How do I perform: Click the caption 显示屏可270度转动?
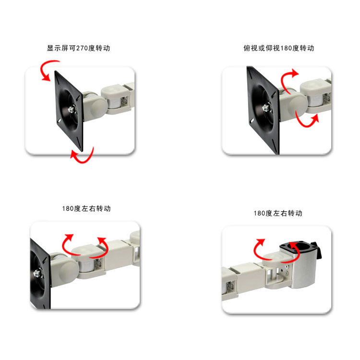click(x=79, y=48)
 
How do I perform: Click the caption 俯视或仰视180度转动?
click(x=278, y=48)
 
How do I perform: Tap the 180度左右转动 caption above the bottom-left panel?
click(x=86, y=208)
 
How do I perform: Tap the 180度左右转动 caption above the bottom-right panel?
click(x=278, y=213)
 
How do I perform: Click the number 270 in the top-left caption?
click(x=82, y=48)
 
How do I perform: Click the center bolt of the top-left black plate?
click(x=72, y=109)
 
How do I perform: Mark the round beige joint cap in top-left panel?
click(x=98, y=107)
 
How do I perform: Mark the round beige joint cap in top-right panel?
click(x=298, y=106)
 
